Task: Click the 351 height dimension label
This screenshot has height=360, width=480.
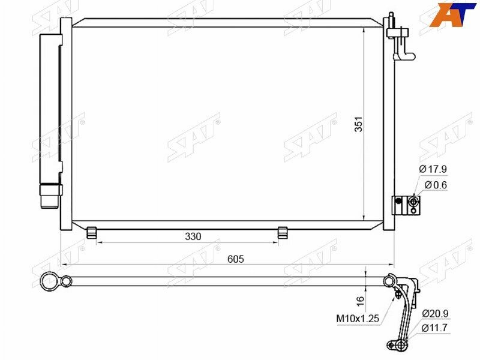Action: click(358, 124)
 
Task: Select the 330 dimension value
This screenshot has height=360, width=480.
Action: click(193, 236)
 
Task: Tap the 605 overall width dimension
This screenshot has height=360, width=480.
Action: click(236, 259)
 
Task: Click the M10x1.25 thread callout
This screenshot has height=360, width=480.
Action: click(358, 319)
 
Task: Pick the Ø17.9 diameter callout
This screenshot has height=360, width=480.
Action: click(433, 169)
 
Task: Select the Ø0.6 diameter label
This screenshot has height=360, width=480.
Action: click(436, 185)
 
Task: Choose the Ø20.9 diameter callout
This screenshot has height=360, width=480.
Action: click(435, 313)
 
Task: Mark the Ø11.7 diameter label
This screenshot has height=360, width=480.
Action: click(434, 328)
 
